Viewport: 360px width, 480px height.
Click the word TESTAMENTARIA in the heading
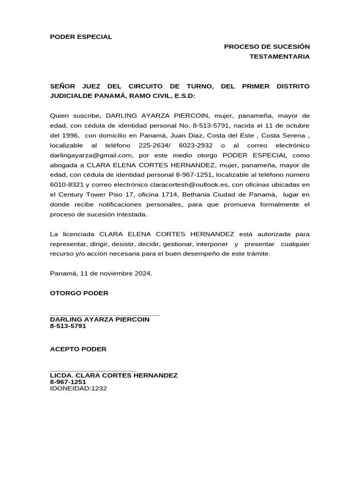(279, 57)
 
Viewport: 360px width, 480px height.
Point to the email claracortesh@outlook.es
(188, 185)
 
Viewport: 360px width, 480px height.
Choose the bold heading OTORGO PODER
(79, 293)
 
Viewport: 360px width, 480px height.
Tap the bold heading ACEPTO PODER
(78, 349)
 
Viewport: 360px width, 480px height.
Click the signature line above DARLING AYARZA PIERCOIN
(105, 315)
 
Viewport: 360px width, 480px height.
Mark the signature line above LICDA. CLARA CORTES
(93, 371)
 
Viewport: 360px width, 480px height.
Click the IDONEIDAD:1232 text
(78, 388)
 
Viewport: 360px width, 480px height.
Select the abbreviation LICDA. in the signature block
(61, 375)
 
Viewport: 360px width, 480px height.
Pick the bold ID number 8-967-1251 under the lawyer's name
(68, 382)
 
